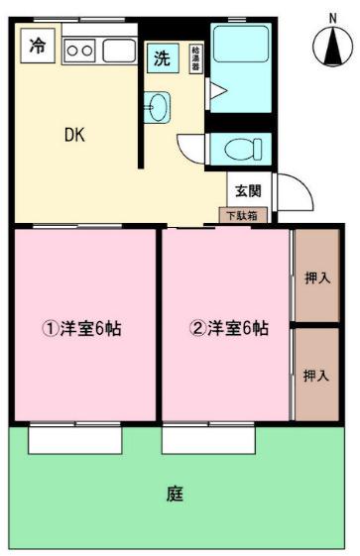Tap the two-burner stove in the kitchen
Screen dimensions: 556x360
point(78,48)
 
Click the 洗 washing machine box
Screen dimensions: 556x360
point(162,57)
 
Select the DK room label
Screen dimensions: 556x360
point(75,136)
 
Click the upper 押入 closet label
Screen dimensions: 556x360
point(316,278)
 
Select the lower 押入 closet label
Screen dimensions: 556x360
point(316,376)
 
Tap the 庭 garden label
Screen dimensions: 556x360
point(175,493)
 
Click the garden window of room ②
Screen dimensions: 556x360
point(208,438)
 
